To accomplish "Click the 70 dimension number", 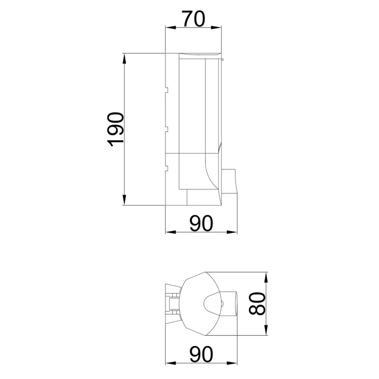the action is click(x=193, y=19).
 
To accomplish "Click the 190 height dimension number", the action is click(x=115, y=129).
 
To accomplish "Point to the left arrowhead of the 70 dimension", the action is click(x=170, y=27).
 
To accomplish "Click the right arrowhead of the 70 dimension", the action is click(x=216, y=27).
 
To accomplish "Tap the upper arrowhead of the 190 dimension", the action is click(x=124, y=59).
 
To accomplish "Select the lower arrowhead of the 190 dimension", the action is click(x=124, y=200).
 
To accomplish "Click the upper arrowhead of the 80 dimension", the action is click(x=266, y=278).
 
